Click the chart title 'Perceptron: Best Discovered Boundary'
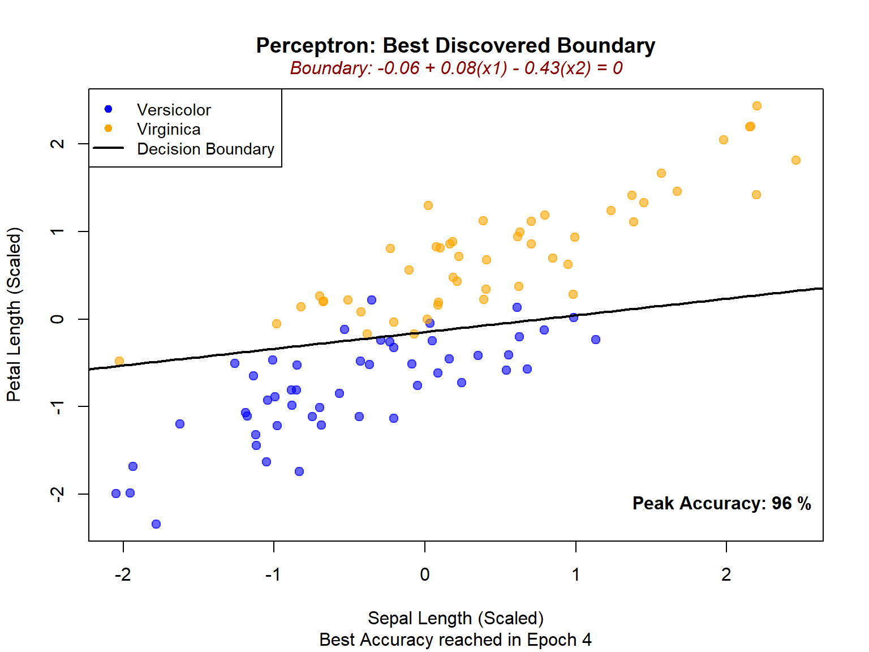(x=455, y=45)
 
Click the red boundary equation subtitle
(x=456, y=68)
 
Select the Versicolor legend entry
(x=174, y=110)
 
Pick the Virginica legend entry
(x=169, y=130)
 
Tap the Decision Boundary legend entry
(x=205, y=149)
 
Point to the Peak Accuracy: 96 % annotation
(x=721, y=503)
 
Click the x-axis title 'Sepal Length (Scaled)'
(x=455, y=618)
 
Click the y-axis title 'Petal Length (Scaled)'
(x=14, y=314)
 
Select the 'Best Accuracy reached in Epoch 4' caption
(x=455, y=640)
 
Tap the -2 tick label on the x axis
(x=123, y=575)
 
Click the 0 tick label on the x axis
(x=425, y=575)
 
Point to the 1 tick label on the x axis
(x=575, y=575)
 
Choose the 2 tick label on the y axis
(x=57, y=144)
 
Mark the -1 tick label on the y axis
(x=57, y=406)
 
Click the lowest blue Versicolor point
(x=156, y=524)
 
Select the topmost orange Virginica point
(x=757, y=106)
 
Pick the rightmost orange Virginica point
(x=796, y=160)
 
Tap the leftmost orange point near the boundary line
(x=119, y=361)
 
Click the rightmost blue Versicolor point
(x=596, y=340)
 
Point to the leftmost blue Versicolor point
(x=116, y=494)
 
